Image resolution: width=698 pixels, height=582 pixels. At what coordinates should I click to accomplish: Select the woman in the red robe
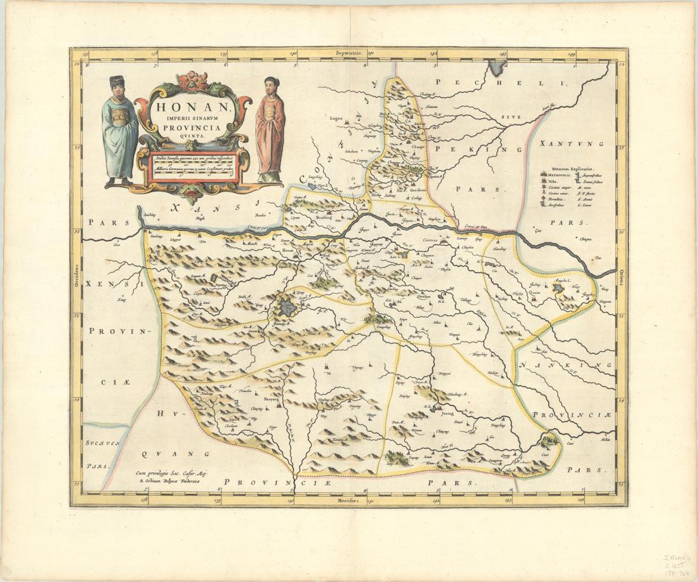point(270,130)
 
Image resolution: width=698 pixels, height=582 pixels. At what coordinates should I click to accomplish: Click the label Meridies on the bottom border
point(348,501)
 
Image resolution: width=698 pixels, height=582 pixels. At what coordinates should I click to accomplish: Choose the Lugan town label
point(336,117)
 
